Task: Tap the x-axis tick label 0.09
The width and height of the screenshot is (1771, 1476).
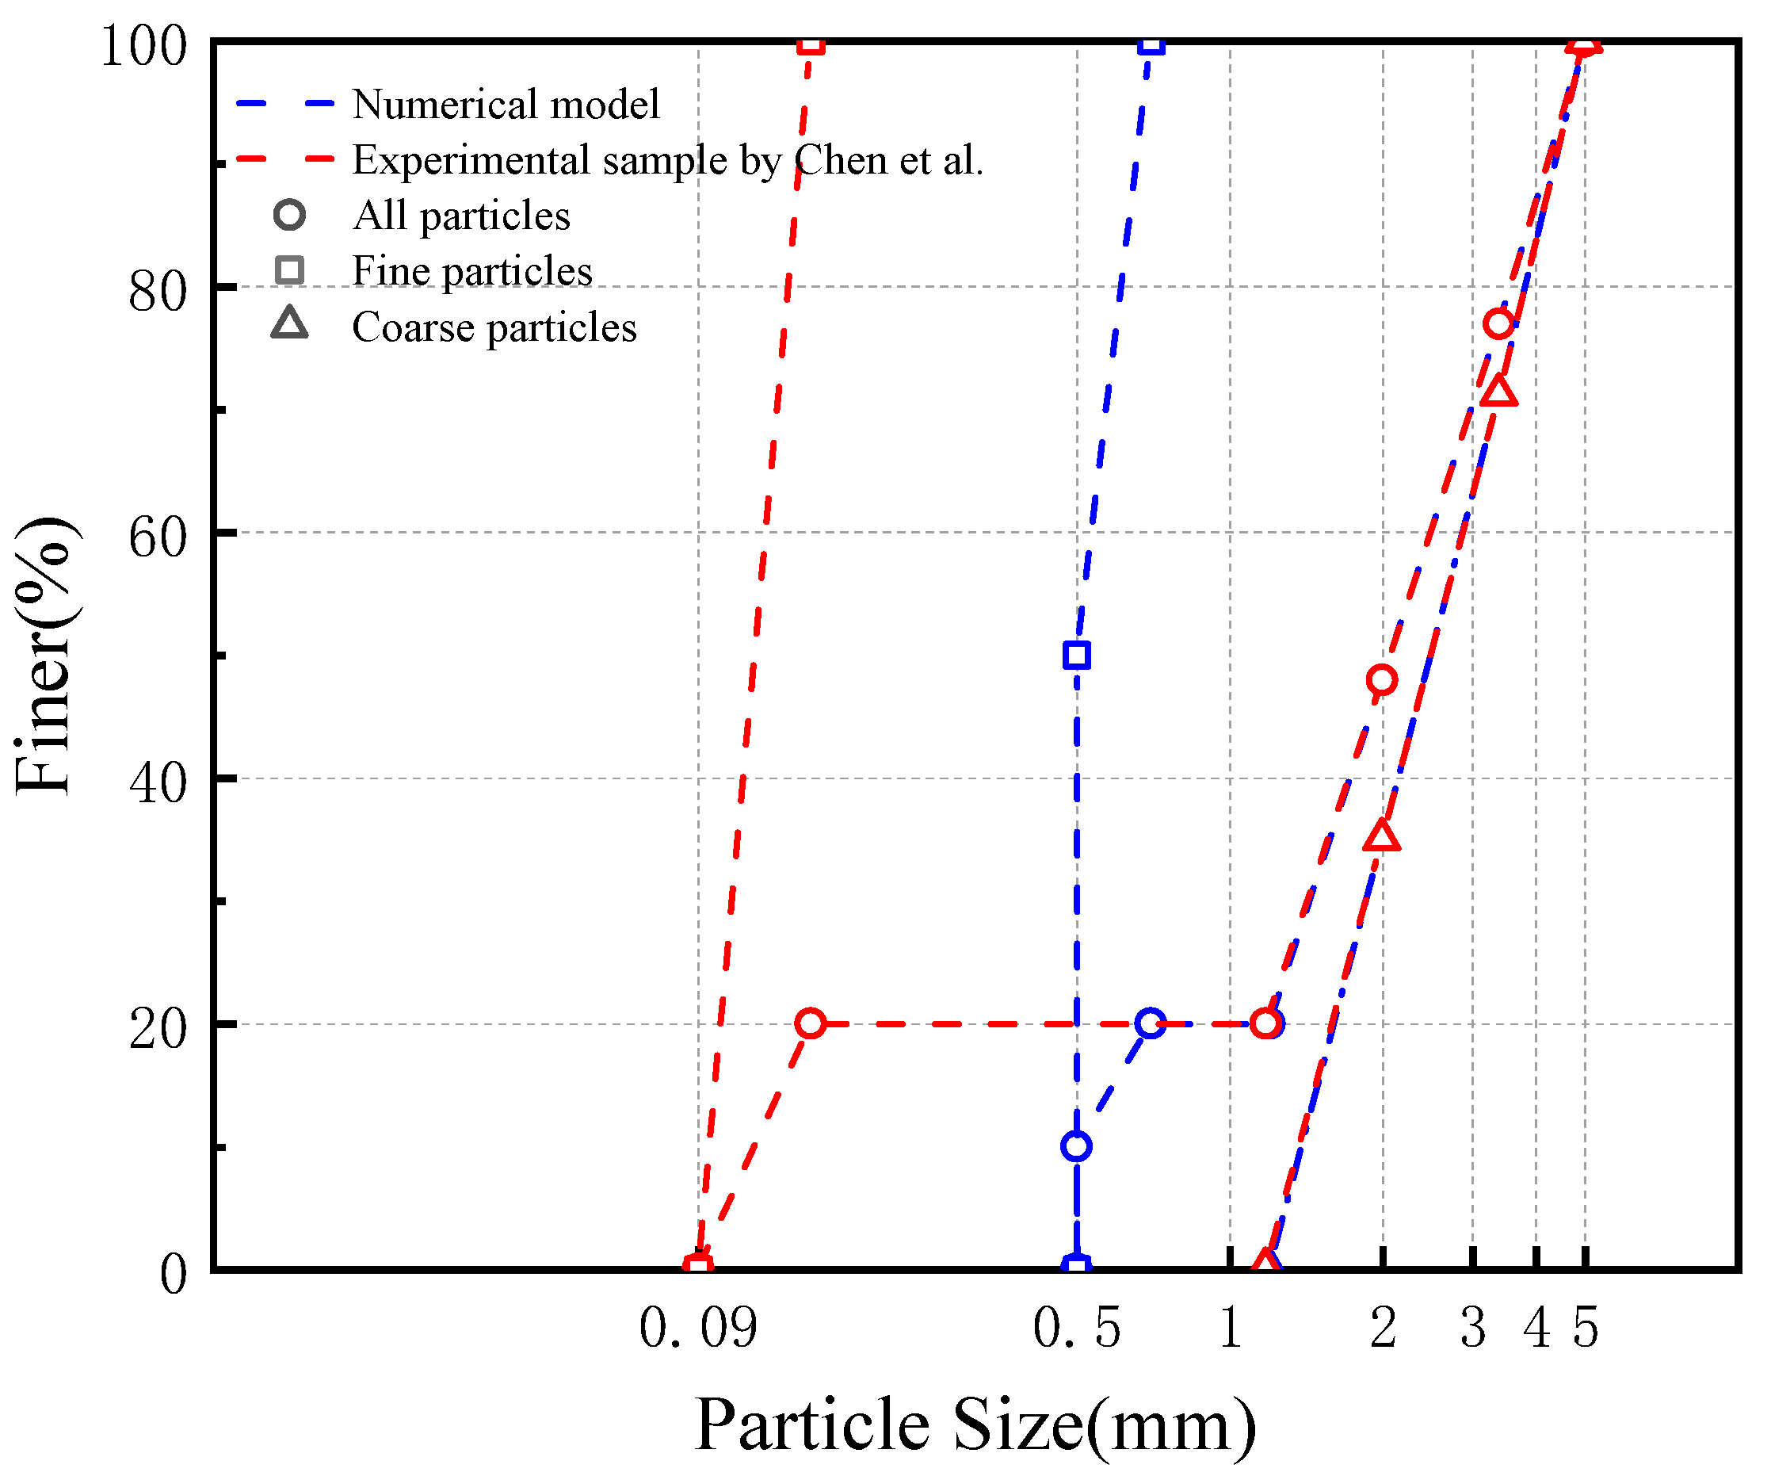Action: [x=698, y=1329]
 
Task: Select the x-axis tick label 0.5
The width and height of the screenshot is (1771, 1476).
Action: [x=1077, y=1329]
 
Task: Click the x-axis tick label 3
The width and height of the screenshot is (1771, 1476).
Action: [x=1472, y=1329]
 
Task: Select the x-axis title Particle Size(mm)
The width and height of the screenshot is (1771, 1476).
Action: [x=975, y=1425]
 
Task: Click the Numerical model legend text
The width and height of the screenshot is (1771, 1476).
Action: [x=506, y=105]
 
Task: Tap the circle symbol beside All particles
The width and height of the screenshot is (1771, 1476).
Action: [x=289, y=215]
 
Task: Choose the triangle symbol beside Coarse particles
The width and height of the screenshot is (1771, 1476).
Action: [x=289, y=325]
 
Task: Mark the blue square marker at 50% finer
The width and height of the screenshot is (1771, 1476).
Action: [x=1077, y=656]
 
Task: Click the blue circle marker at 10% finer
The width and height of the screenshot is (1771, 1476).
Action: [x=1077, y=1146]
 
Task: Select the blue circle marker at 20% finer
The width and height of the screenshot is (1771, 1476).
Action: [x=1151, y=1024]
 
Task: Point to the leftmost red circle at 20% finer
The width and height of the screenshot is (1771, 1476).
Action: [x=811, y=1024]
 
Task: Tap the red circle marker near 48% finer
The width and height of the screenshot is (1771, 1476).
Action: [x=1381, y=680]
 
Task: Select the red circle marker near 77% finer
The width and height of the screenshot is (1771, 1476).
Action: [x=1498, y=324]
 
